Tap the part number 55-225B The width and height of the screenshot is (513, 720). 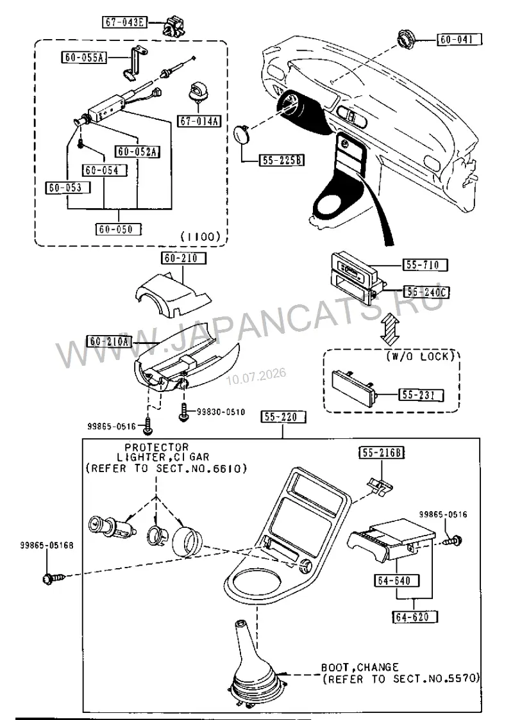282,160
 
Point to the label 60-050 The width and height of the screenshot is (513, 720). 119,229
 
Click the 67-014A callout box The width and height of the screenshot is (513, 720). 199,121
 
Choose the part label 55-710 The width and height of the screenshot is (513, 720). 425,265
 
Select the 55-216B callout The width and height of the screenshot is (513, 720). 382,454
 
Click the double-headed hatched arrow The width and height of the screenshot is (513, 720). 391,323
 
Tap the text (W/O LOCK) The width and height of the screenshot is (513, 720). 420,356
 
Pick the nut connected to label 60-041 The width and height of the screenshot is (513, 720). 405,38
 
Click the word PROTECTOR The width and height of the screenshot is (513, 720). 156,446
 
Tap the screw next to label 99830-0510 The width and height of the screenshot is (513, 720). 183,412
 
